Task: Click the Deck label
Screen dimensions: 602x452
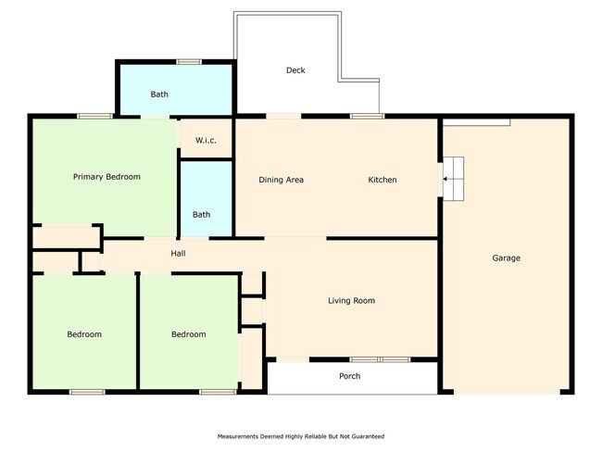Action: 295,70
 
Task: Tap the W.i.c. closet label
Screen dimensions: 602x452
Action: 206,141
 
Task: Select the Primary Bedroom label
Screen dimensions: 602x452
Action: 107,177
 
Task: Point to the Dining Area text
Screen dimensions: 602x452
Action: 281,180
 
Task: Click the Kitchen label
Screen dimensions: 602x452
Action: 383,180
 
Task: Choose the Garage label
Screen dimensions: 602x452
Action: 507,258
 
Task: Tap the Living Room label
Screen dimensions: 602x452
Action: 351,301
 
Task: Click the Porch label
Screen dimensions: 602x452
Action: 350,376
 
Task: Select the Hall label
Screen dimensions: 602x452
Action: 178,254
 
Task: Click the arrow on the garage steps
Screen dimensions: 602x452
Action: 445,179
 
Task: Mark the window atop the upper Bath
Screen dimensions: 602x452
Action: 189,61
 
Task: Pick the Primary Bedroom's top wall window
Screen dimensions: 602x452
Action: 94,116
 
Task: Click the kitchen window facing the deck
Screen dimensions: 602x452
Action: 367,116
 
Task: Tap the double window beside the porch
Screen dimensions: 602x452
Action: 380,359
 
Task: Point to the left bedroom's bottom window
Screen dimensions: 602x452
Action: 87,392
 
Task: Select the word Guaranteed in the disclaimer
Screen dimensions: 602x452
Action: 369,436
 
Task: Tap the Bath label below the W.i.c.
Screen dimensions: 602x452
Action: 201,215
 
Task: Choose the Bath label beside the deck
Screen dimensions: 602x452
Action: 159,94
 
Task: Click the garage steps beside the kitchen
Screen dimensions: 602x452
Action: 454,179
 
